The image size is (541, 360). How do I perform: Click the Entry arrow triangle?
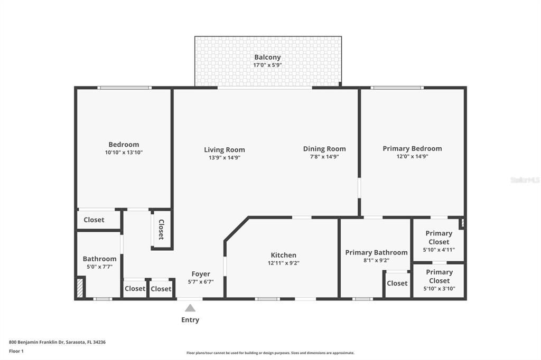[190, 308]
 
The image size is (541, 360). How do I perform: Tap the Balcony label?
[267, 57]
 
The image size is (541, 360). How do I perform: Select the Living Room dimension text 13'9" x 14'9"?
[225, 157]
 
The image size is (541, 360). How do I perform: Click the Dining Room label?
[324, 149]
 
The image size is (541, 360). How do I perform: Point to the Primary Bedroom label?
[412, 148]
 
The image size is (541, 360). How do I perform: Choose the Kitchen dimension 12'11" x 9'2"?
[284, 263]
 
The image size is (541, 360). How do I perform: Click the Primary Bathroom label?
[376, 252]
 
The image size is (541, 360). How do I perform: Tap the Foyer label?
[201, 274]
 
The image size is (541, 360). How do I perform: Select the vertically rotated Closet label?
[161, 230]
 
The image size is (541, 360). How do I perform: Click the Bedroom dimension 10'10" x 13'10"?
[124, 153]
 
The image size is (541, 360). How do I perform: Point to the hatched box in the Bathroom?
[80, 288]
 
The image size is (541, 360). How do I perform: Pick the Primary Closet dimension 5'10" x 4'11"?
[439, 250]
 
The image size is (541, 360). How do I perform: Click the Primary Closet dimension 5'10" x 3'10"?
[439, 288]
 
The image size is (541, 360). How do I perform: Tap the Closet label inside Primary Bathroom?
[397, 283]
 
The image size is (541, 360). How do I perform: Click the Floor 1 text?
[16, 351]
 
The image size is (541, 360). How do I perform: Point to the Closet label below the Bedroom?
[94, 220]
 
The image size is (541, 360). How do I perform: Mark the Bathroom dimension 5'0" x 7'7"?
[99, 267]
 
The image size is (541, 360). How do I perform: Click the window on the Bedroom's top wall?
[125, 88]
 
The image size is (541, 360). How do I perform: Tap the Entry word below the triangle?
[190, 320]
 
